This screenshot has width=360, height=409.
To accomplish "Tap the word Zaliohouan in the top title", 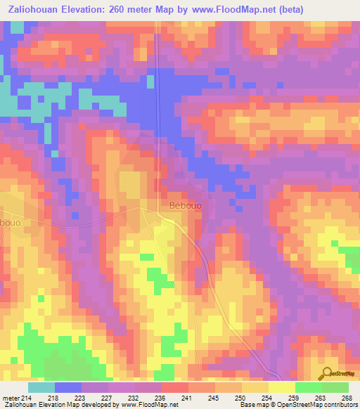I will click(36, 11).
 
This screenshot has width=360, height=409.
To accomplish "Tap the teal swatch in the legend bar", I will click(41, 387).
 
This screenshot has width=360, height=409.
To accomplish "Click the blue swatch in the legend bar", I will click(67, 387).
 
